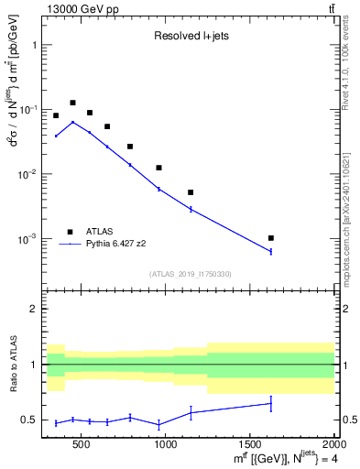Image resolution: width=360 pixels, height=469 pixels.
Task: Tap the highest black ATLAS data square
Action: coord(72,103)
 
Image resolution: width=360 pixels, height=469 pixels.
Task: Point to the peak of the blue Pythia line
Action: coord(72,122)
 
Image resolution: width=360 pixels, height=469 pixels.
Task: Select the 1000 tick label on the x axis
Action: coord(166,446)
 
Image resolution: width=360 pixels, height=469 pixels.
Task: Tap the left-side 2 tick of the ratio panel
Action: coord(33,309)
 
